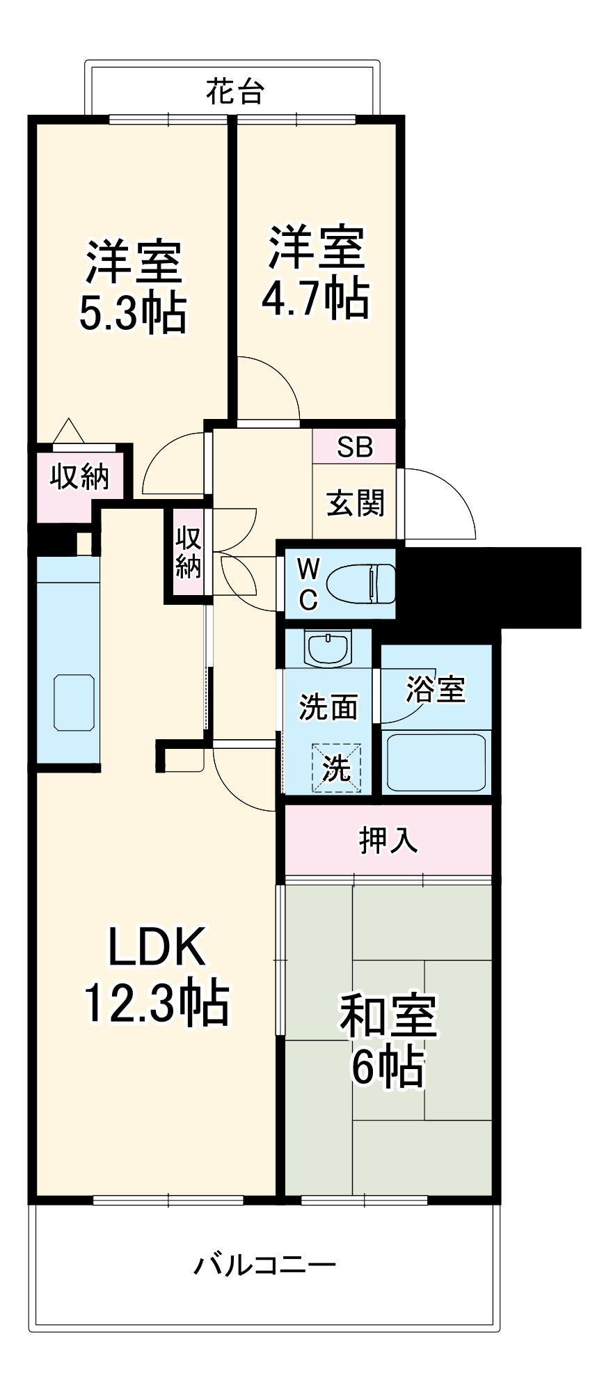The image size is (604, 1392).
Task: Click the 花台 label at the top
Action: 235,91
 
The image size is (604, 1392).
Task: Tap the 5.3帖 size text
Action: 132,315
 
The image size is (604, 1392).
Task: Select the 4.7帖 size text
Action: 315,299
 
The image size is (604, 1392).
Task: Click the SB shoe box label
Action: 354,446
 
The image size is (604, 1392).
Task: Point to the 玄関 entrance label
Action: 355,503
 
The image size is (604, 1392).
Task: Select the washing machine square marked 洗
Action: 337,768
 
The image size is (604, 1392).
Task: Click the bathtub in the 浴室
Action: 436,762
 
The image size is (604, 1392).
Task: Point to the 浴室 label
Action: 436,689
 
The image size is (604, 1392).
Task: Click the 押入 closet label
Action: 388,840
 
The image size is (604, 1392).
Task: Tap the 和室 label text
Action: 388,1015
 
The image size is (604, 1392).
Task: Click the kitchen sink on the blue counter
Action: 74,702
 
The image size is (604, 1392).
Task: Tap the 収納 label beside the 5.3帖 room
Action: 79,477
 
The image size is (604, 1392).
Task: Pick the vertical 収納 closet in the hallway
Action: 188,553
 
